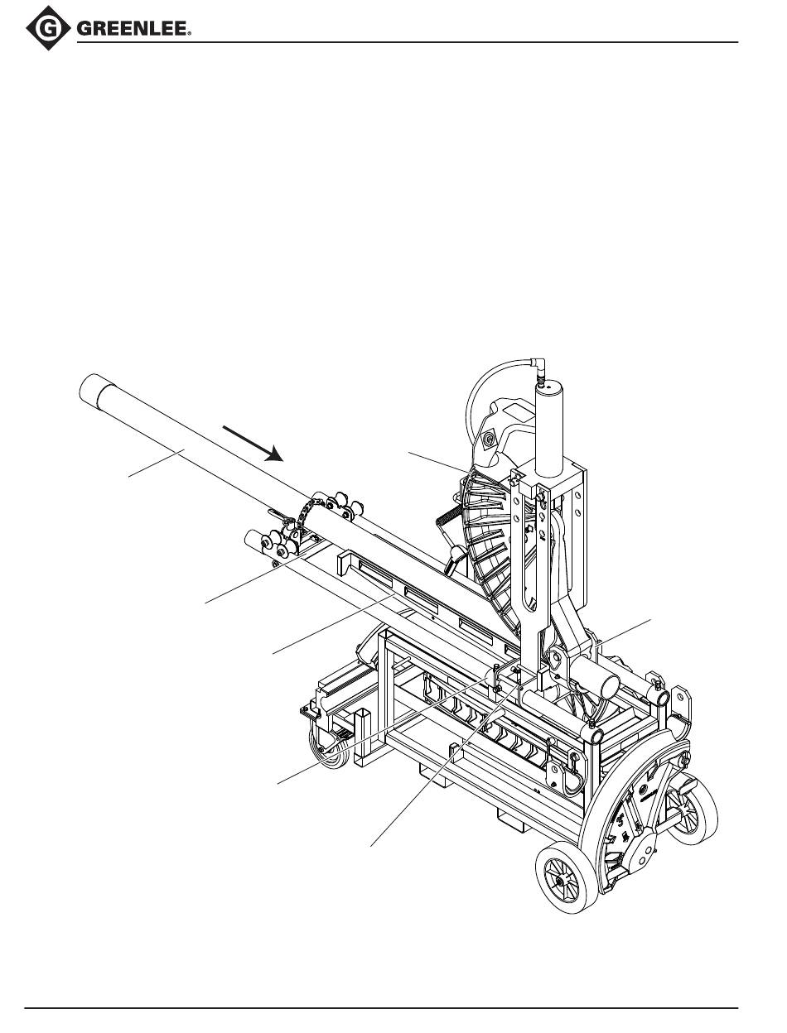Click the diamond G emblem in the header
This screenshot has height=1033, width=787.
[48, 28]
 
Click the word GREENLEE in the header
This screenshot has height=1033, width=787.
[133, 29]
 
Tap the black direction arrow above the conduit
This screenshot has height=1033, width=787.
[253, 444]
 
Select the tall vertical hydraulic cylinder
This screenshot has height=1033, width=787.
[549, 429]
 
